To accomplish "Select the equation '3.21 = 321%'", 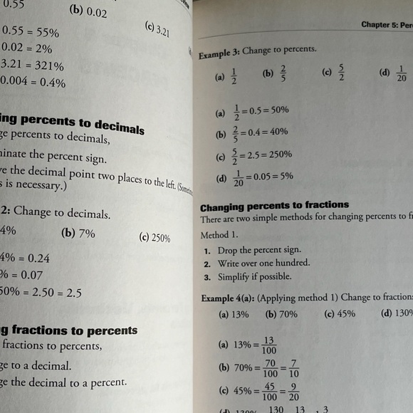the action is coord(33,66).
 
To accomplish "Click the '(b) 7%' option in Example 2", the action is coord(78,232).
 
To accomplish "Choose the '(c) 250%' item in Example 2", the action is coord(155,238).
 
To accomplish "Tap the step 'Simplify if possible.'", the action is coord(250,277).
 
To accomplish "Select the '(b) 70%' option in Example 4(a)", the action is coord(281,313).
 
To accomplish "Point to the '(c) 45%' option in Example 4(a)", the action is coord(340,313).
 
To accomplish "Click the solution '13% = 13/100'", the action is coord(249,345).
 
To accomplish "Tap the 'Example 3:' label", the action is coord(218,53).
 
